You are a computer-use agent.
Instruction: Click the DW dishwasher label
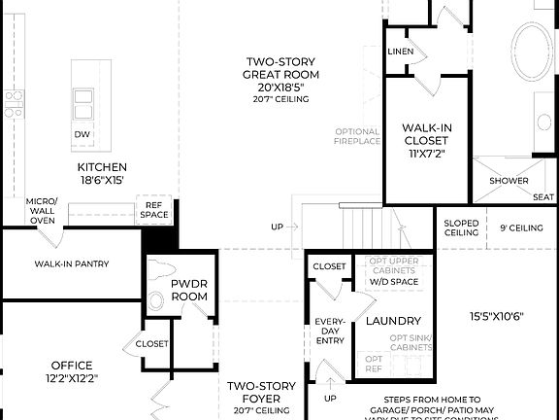click(x=83, y=134)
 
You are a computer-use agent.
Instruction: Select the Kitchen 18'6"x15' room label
click(x=102, y=173)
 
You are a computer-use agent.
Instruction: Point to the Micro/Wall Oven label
click(x=42, y=211)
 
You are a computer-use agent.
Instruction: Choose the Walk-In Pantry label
click(x=71, y=263)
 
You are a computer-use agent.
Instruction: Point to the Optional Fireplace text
click(x=357, y=137)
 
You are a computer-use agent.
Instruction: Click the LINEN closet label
click(x=399, y=52)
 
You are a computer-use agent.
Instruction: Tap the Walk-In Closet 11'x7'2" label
click(x=426, y=140)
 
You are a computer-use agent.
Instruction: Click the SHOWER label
click(x=509, y=181)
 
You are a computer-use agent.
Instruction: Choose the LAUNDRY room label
click(x=392, y=321)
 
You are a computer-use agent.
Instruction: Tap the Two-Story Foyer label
click(x=253, y=392)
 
